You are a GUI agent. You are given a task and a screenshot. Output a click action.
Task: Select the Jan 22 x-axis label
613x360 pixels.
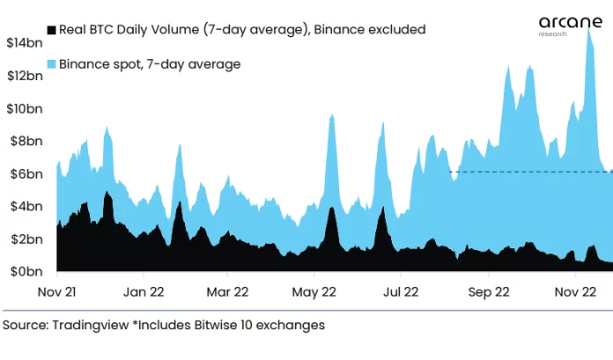coord(144,290)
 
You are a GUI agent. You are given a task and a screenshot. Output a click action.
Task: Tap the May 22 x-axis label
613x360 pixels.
coord(314,290)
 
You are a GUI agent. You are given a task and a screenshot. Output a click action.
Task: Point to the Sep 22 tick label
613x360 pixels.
coord(488,290)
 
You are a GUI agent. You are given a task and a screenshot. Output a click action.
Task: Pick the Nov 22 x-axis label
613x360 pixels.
coord(575,290)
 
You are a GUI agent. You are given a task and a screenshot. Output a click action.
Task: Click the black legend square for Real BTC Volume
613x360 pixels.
coord(51,30)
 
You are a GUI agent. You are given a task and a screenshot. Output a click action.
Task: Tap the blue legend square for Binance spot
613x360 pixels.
coord(51,63)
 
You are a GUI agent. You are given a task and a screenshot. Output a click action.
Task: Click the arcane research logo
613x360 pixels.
coord(564,27)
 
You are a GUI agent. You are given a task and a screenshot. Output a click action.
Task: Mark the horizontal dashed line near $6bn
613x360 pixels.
coord(528,172)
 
